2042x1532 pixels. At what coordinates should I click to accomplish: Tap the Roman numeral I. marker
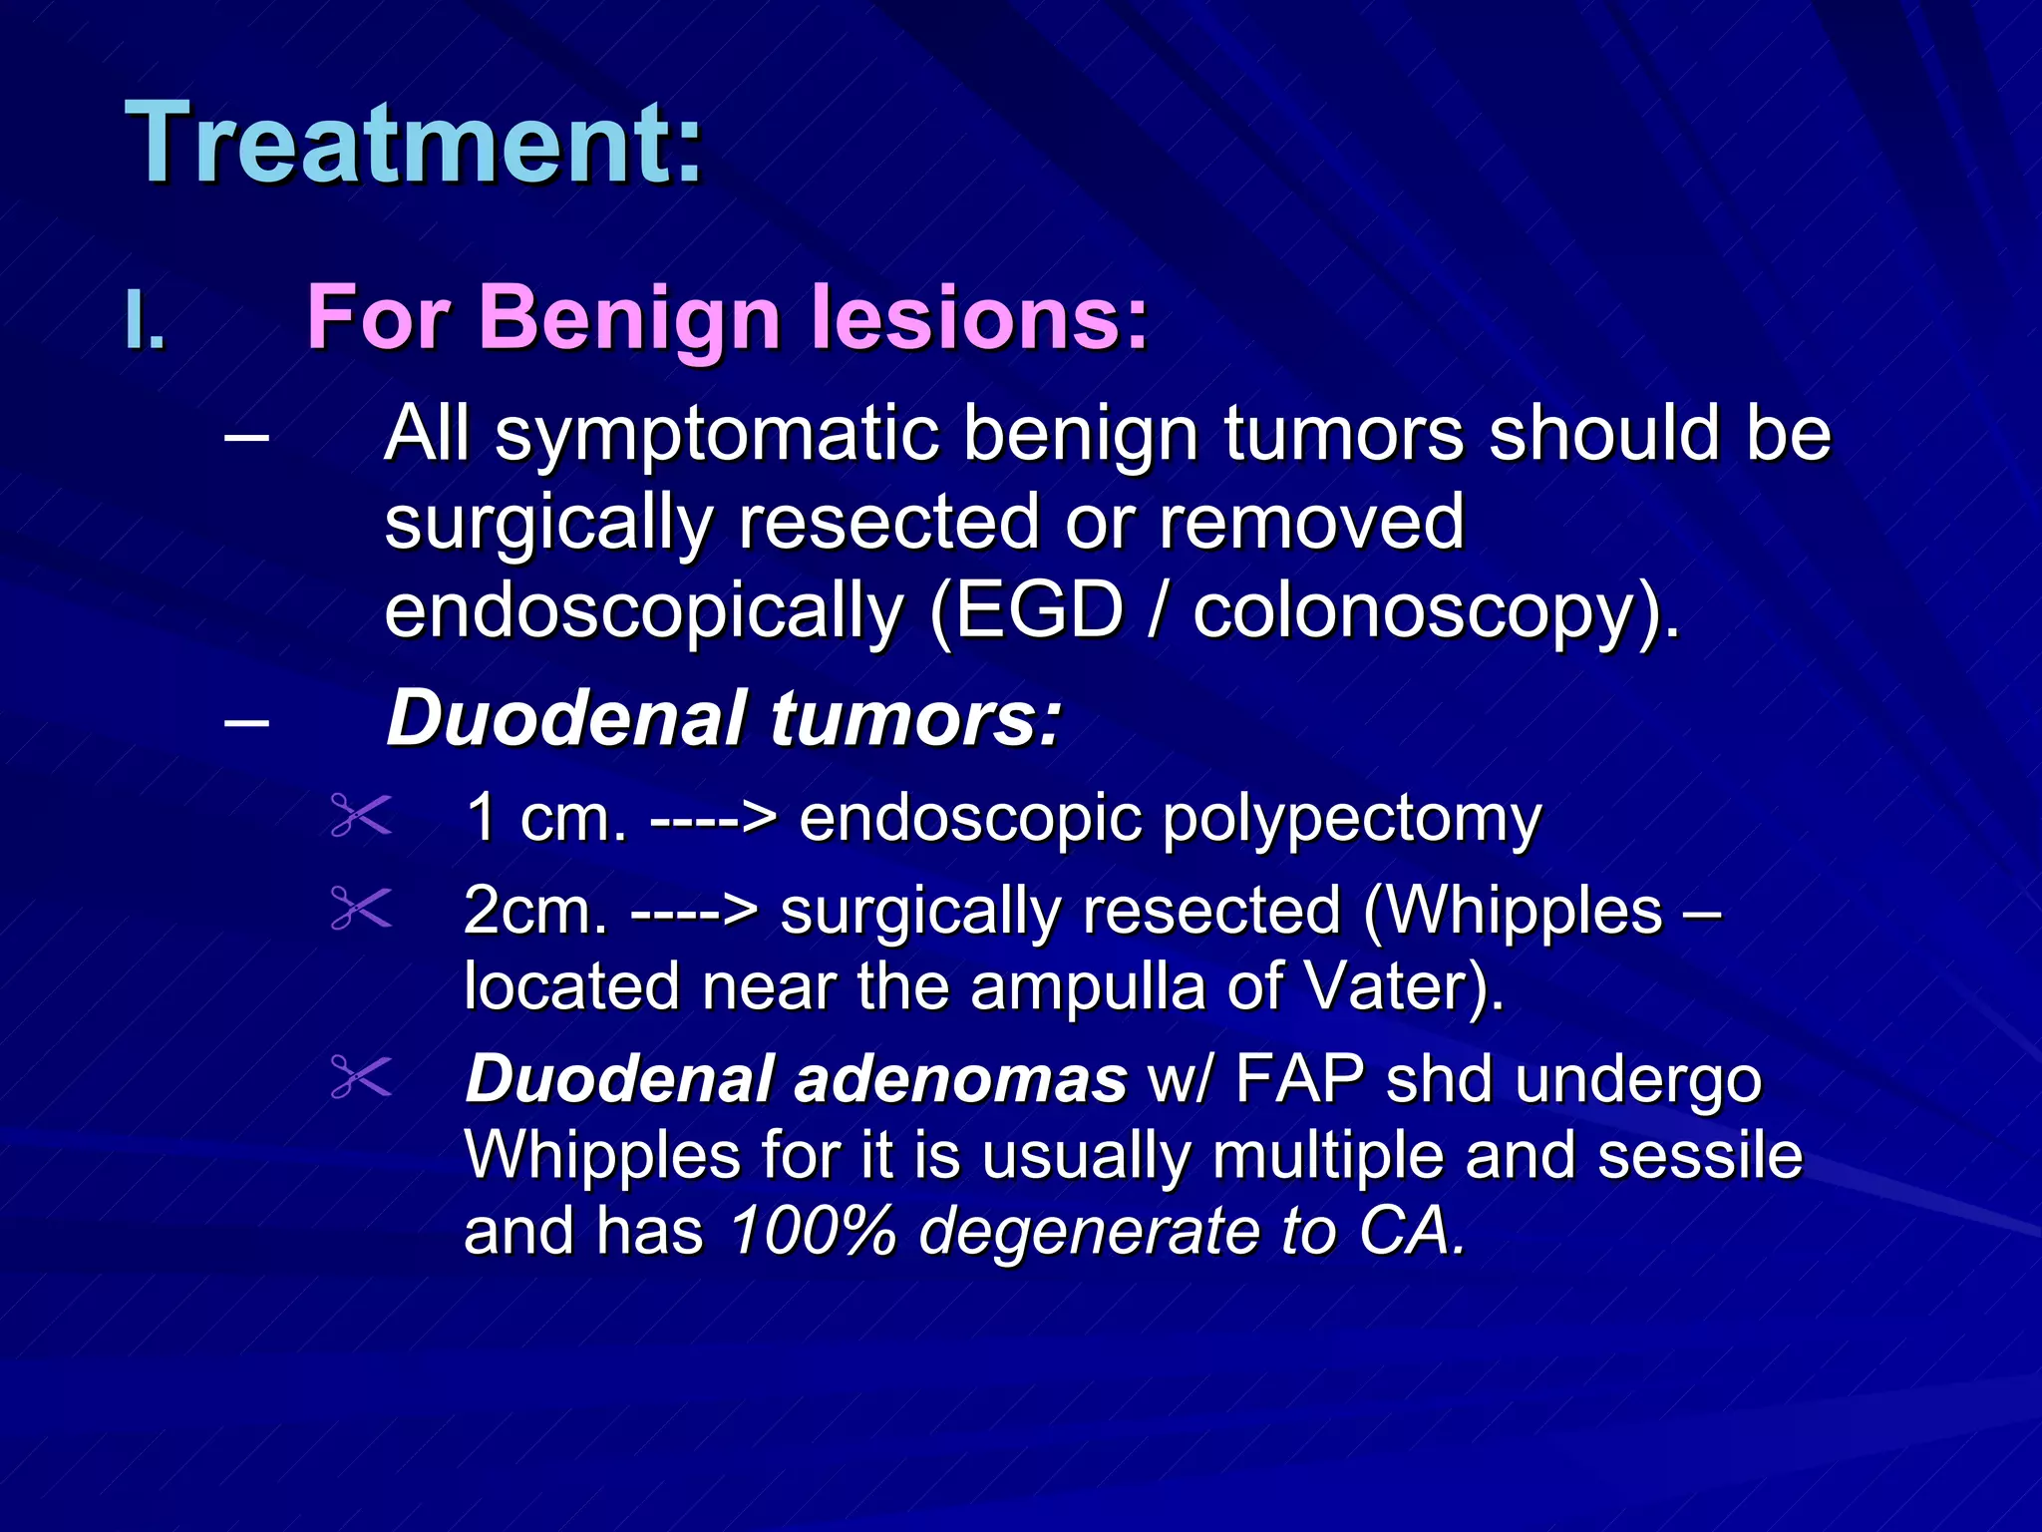pos(145,321)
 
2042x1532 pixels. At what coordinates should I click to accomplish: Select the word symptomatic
pos(718,436)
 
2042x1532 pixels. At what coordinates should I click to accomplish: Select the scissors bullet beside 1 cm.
pos(361,816)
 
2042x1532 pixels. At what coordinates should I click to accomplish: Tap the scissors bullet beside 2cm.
pos(361,909)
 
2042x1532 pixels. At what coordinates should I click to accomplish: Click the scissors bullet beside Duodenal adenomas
pos(361,1078)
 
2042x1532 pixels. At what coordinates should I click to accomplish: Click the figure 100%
pos(813,1232)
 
